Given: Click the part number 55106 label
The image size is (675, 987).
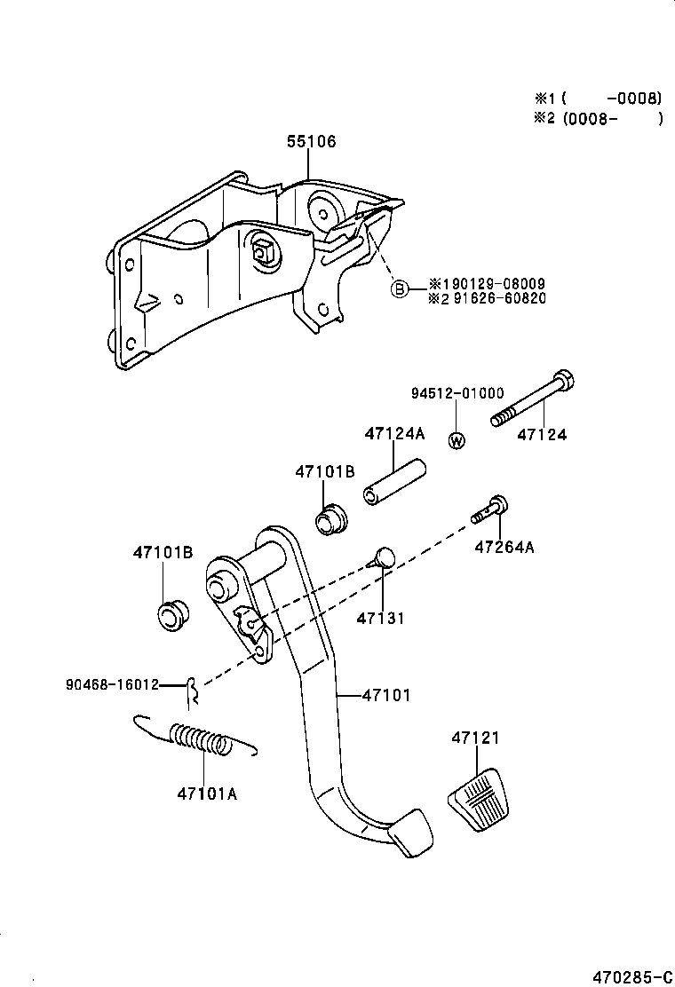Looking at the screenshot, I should [311, 142].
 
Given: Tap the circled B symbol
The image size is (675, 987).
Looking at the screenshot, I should [400, 288].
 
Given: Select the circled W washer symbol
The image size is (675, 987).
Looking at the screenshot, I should [457, 439].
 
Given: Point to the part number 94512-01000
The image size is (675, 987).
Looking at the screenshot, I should [457, 393].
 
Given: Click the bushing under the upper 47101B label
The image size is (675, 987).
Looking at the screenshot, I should [333, 518].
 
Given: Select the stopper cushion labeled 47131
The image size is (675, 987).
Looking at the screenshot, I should [383, 558].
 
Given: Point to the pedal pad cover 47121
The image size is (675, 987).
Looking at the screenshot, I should [480, 799].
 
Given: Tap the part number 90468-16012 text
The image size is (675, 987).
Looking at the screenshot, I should [112, 684].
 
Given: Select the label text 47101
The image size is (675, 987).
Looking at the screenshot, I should [386, 695].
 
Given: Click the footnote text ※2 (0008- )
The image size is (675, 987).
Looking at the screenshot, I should [598, 119].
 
